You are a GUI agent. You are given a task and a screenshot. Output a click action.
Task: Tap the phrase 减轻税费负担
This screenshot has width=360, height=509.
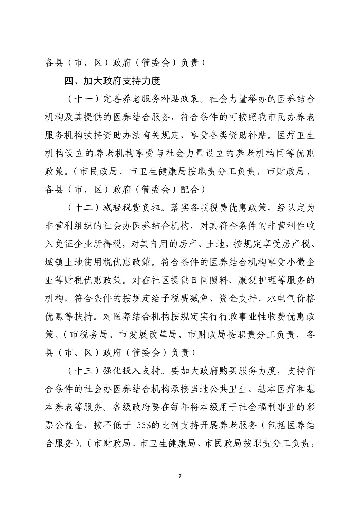[128, 207]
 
